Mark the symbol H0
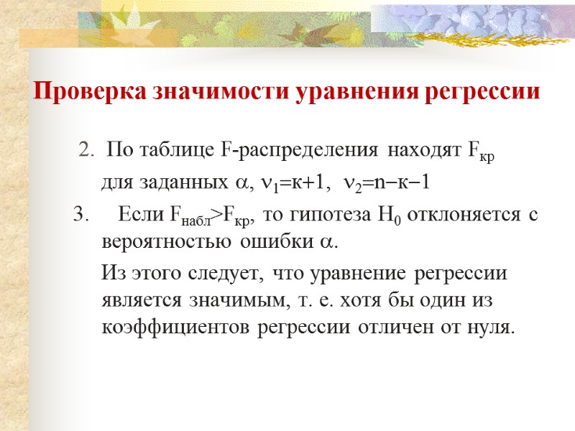(x=391, y=214)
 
